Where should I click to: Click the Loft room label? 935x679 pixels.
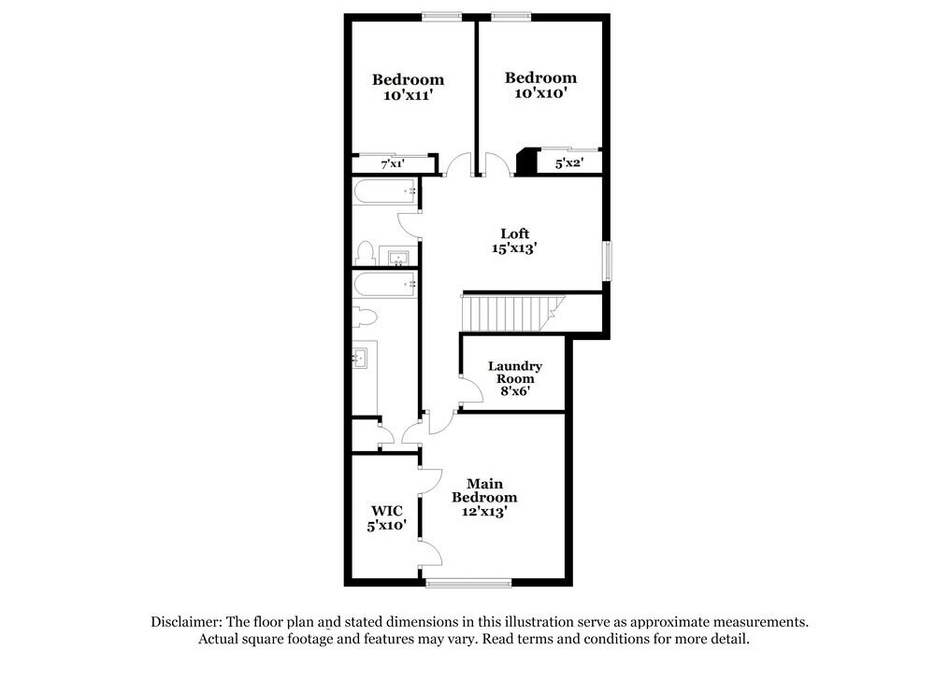514,233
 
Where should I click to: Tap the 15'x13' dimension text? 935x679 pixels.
514,249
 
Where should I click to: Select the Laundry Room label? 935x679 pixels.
514,373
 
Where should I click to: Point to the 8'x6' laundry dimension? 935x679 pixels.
514,392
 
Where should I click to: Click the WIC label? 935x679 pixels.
386,511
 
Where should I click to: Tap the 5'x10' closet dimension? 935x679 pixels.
386,526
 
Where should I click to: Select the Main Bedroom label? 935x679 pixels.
484,490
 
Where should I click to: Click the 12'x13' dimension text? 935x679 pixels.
484,512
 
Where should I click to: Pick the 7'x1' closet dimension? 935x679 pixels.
393,164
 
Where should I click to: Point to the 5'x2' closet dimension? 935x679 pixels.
569,164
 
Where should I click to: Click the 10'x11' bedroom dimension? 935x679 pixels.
408,95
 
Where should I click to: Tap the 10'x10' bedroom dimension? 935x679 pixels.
540,93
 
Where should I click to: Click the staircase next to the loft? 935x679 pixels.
510,312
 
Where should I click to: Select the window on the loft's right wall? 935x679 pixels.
607,262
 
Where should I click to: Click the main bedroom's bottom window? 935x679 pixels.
468,583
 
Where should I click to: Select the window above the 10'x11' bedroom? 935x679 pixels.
440,15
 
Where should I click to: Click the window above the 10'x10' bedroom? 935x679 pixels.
511,15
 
